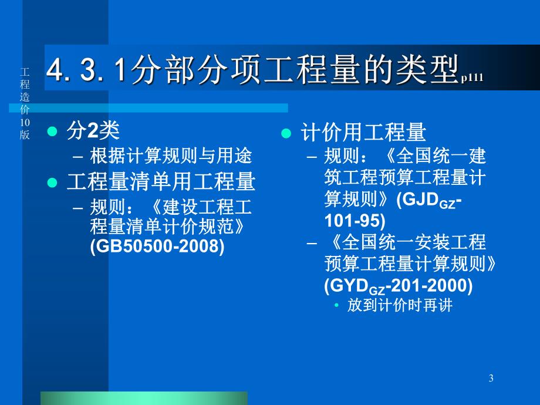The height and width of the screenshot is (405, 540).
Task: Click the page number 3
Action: pyautogui.click(x=491, y=379)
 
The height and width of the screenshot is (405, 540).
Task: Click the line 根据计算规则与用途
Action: pyautogui.click(x=171, y=156)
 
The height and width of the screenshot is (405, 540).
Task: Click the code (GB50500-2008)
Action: pyautogui.click(x=157, y=247)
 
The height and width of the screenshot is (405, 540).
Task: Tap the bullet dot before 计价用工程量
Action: pyautogui.click(x=286, y=133)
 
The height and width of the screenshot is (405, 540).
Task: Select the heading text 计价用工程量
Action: pyautogui.click(x=363, y=133)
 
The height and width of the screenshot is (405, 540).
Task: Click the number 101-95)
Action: pyautogui.click(x=355, y=221)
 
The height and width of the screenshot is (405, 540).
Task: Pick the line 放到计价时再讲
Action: pyautogui.click(x=400, y=306)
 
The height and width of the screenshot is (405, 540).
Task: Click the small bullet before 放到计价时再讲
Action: pyautogui.click(x=336, y=306)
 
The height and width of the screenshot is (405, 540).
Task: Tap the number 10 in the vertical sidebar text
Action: pyautogui.click(x=25, y=122)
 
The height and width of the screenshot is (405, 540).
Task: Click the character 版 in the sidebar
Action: pyautogui.click(x=25, y=134)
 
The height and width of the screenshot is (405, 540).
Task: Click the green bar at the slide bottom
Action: pyautogui.click(x=144, y=398)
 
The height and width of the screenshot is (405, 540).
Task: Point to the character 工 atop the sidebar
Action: pyautogui.click(x=25, y=72)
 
